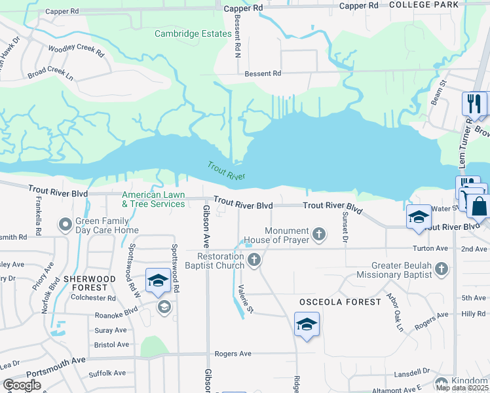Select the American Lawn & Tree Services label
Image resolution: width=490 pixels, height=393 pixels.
click(x=154, y=199)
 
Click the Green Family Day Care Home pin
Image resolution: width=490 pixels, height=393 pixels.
click(x=66, y=225)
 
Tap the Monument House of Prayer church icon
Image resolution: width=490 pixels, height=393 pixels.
click(x=319, y=234)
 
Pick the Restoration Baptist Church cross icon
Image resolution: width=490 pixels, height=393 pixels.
click(x=255, y=261)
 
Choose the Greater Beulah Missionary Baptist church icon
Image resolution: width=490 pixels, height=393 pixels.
click(x=442, y=269)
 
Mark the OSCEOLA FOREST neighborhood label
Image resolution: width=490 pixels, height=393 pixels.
click(x=340, y=302)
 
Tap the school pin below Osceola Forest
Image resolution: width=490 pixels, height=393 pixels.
click(x=307, y=324)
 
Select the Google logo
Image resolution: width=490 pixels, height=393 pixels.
click(x=22, y=385)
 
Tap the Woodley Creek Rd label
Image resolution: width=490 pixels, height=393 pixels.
click(x=75, y=51)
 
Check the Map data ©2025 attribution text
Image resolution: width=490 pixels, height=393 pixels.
click(x=462, y=388)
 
